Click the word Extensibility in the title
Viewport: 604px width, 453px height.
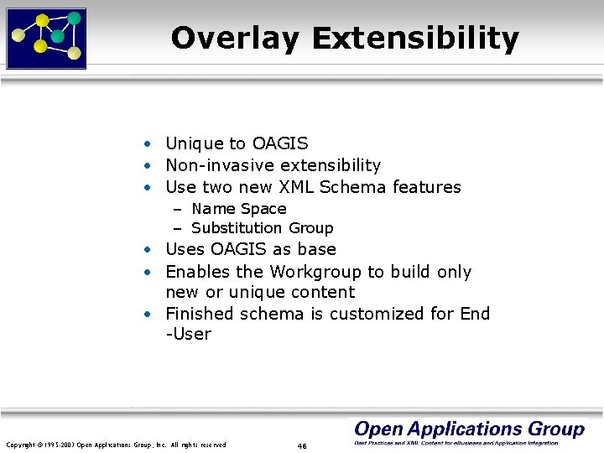click(x=415, y=39)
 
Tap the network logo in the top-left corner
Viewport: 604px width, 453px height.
click(x=46, y=38)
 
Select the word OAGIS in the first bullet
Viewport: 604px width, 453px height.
click(x=280, y=144)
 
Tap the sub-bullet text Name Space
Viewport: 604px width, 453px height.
click(x=239, y=209)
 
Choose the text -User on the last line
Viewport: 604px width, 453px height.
click(x=189, y=334)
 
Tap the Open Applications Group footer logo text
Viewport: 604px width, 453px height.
click(x=469, y=430)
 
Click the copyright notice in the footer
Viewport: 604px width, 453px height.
click(x=116, y=445)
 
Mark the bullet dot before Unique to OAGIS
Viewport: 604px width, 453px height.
click(x=147, y=145)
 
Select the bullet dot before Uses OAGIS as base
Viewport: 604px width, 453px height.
click(x=147, y=250)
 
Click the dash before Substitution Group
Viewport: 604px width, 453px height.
click(x=179, y=228)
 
